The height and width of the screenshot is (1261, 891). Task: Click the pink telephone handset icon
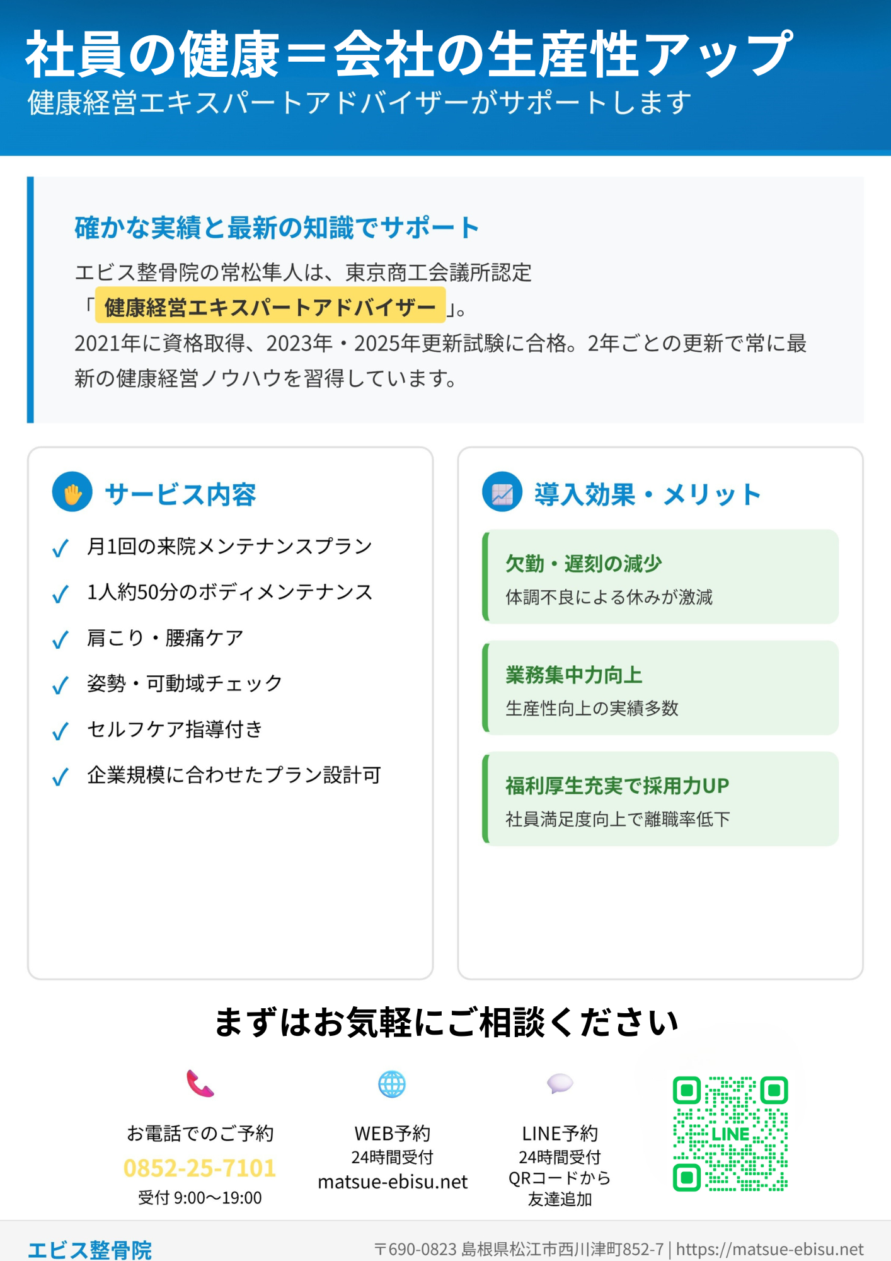click(x=200, y=1084)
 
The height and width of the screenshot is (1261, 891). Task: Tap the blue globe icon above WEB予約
click(x=392, y=1084)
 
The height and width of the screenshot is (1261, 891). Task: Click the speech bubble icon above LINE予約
click(x=560, y=1084)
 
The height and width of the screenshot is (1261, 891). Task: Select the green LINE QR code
click(x=730, y=1134)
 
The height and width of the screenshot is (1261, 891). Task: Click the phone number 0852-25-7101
click(x=200, y=1168)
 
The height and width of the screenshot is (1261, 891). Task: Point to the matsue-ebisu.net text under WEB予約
click(x=393, y=1182)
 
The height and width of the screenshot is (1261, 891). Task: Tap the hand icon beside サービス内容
click(x=72, y=492)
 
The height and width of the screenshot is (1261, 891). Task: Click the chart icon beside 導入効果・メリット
click(x=502, y=492)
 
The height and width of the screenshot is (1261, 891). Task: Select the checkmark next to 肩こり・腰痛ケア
click(x=60, y=640)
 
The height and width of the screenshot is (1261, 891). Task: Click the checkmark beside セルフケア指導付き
click(x=60, y=731)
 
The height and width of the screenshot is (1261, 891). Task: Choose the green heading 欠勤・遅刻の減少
click(x=583, y=564)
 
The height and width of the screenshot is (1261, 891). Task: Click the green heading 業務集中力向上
click(x=574, y=675)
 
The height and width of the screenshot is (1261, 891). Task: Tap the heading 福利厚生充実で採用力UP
click(x=617, y=786)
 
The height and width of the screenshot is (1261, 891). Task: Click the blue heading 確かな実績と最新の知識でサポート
click(x=277, y=228)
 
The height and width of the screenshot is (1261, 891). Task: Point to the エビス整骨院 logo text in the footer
click(x=89, y=1250)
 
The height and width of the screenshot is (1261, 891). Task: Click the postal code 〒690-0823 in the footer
click(x=415, y=1250)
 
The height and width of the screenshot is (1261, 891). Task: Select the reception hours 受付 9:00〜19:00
click(x=200, y=1198)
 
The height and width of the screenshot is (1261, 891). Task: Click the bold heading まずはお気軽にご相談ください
click(x=446, y=1022)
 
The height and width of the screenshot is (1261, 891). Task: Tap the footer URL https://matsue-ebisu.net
click(x=769, y=1250)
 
